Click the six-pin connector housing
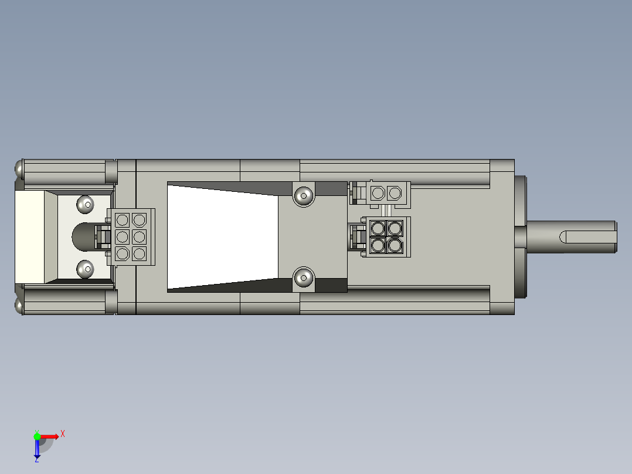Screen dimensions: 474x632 tap(131, 237)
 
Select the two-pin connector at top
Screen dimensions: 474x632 tap(387, 192)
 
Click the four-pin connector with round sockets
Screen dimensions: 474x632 tap(387, 236)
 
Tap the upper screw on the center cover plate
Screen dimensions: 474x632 tap(303, 195)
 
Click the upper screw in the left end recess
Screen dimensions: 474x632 tap(86, 204)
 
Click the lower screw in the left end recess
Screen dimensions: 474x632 tap(86, 269)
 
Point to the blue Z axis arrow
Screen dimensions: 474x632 tap(37, 449)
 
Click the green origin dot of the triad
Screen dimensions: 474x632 tap(37, 436)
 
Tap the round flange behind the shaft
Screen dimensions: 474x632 tap(521, 237)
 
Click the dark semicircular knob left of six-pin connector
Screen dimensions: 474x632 tap(82, 237)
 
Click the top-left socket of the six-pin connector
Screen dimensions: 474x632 tap(122, 220)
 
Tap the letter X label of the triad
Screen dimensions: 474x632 tap(63, 434)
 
